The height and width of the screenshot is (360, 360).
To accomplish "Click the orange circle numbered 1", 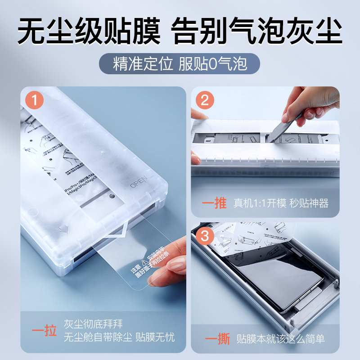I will pos(35,100).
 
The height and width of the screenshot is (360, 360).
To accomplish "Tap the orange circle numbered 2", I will pos(205,100).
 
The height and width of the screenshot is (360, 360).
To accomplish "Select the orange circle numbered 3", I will pos(205,235).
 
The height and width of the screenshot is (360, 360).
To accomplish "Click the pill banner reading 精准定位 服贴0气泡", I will pos(180,64).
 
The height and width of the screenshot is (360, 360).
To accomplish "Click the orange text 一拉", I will pos(44,332).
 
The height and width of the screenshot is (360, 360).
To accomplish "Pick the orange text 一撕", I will pos(215,338).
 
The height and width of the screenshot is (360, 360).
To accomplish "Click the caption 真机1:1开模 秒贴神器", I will pos(281,203).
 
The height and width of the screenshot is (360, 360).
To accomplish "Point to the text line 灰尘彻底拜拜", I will pos(93,324).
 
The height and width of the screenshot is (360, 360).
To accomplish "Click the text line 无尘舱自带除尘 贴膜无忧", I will pos(119,337).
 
